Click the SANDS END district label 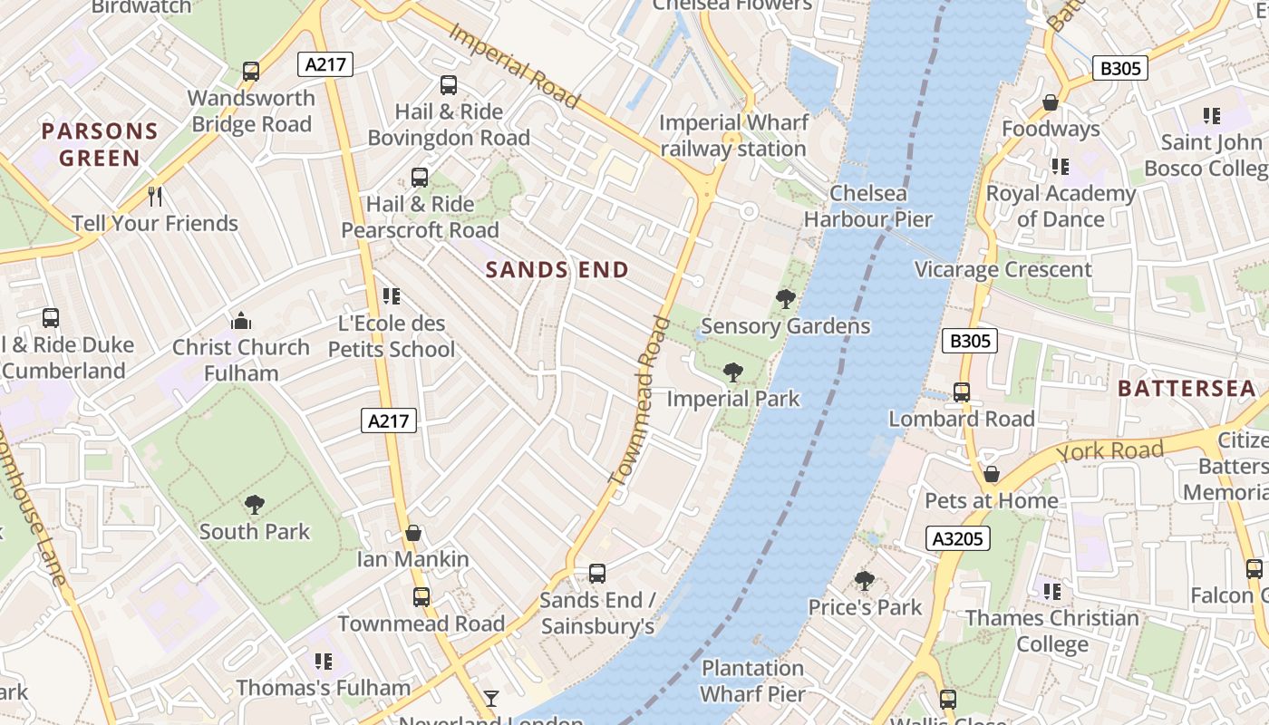tap(557, 269)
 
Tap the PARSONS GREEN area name tap(100, 144)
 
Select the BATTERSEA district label tap(1187, 389)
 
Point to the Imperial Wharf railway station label tap(732, 136)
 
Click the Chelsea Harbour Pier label tap(867, 206)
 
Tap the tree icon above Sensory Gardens tap(785, 298)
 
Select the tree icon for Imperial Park tap(732, 372)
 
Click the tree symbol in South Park tap(255, 504)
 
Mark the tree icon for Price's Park tap(865, 580)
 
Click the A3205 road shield tap(958, 538)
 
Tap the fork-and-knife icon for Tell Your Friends tap(155, 196)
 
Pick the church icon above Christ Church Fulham tap(241, 321)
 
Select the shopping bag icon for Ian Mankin tap(413, 533)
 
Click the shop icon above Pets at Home tap(992, 474)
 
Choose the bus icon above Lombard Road tap(962, 392)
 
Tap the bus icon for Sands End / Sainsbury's tap(596, 573)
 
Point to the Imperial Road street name tap(514, 66)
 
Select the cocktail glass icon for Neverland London tap(490, 698)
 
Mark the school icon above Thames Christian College tap(1051, 592)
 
